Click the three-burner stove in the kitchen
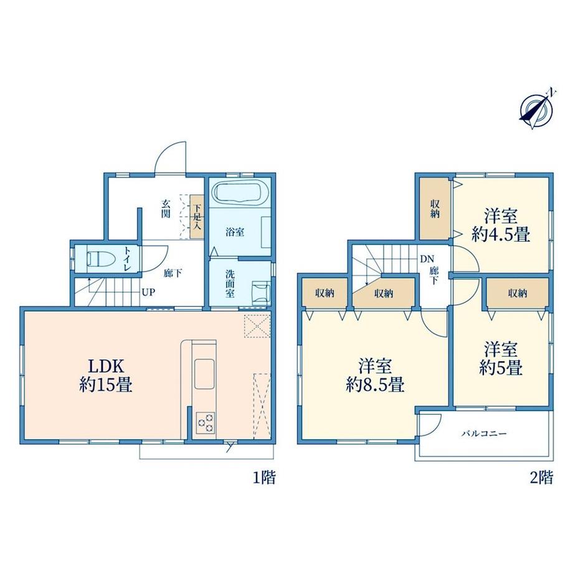tap(206, 422)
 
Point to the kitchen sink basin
tap(205, 374)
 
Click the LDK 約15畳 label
tap(106, 376)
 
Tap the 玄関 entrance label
tap(166, 209)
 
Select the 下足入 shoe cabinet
tap(197, 217)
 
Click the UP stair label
tap(149, 292)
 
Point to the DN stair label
tap(427, 260)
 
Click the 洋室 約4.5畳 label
tap(501, 225)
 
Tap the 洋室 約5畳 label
tap(501, 358)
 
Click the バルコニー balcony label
tap(484, 433)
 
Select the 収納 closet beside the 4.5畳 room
tap(435, 209)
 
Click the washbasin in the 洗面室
tap(261, 293)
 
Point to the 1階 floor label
tap(264, 478)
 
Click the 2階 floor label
tap(542, 478)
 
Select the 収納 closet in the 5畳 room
tap(518, 293)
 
